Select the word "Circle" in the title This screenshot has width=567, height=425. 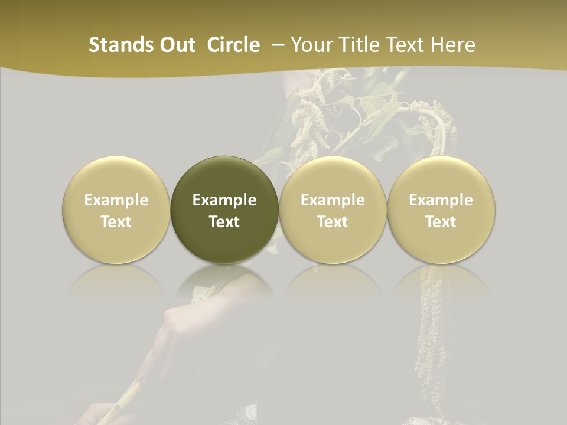(x=233, y=45)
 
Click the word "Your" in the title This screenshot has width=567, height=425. (x=311, y=45)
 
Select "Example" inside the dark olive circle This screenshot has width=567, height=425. (x=224, y=200)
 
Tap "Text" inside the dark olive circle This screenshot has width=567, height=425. (x=224, y=222)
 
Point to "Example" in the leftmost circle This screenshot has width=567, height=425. (x=116, y=200)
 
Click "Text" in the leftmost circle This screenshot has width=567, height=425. (x=116, y=222)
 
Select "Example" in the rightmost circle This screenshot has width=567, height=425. (x=441, y=200)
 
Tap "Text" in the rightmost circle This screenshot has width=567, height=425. (x=441, y=222)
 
